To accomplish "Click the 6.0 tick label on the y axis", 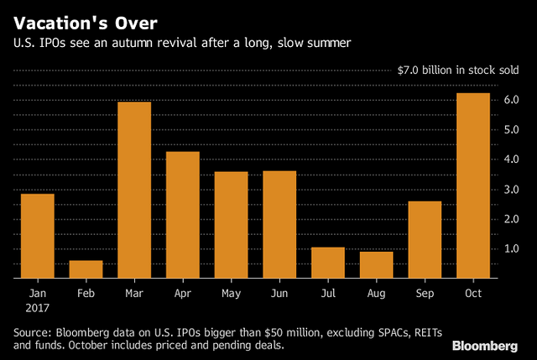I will [510, 100].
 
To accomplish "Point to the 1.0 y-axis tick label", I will [510, 248].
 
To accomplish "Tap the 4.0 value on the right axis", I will [510, 159].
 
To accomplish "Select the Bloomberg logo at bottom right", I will [486, 345].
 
